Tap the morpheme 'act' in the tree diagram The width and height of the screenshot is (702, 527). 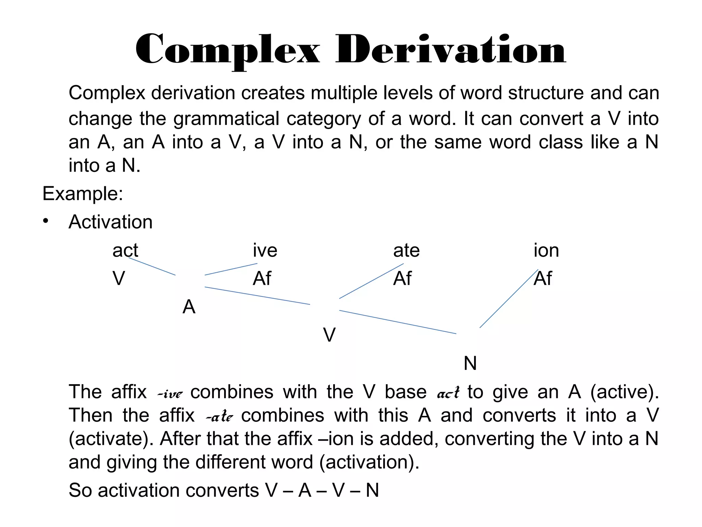click(x=125, y=250)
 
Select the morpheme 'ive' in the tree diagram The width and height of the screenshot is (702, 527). click(x=265, y=250)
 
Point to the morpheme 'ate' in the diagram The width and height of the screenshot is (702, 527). click(x=406, y=250)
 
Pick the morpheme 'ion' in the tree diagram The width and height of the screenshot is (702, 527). click(x=546, y=250)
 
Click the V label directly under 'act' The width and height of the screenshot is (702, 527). click(x=119, y=278)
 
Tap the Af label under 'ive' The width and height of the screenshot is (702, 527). click(x=262, y=278)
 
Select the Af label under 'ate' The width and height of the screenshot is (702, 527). click(x=402, y=278)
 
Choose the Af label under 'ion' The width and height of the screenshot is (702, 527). click(x=543, y=278)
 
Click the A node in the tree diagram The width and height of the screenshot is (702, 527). click(x=189, y=307)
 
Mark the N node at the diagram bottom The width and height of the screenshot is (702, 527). click(x=470, y=363)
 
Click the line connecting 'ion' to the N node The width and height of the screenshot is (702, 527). click(x=509, y=299)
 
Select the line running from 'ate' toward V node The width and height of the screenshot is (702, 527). click(x=371, y=281)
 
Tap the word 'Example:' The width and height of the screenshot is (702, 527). click(x=83, y=194)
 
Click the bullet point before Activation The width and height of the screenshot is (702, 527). click(x=46, y=221)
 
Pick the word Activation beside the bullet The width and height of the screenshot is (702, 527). click(x=110, y=222)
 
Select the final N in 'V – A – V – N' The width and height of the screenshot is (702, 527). click(x=372, y=490)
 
